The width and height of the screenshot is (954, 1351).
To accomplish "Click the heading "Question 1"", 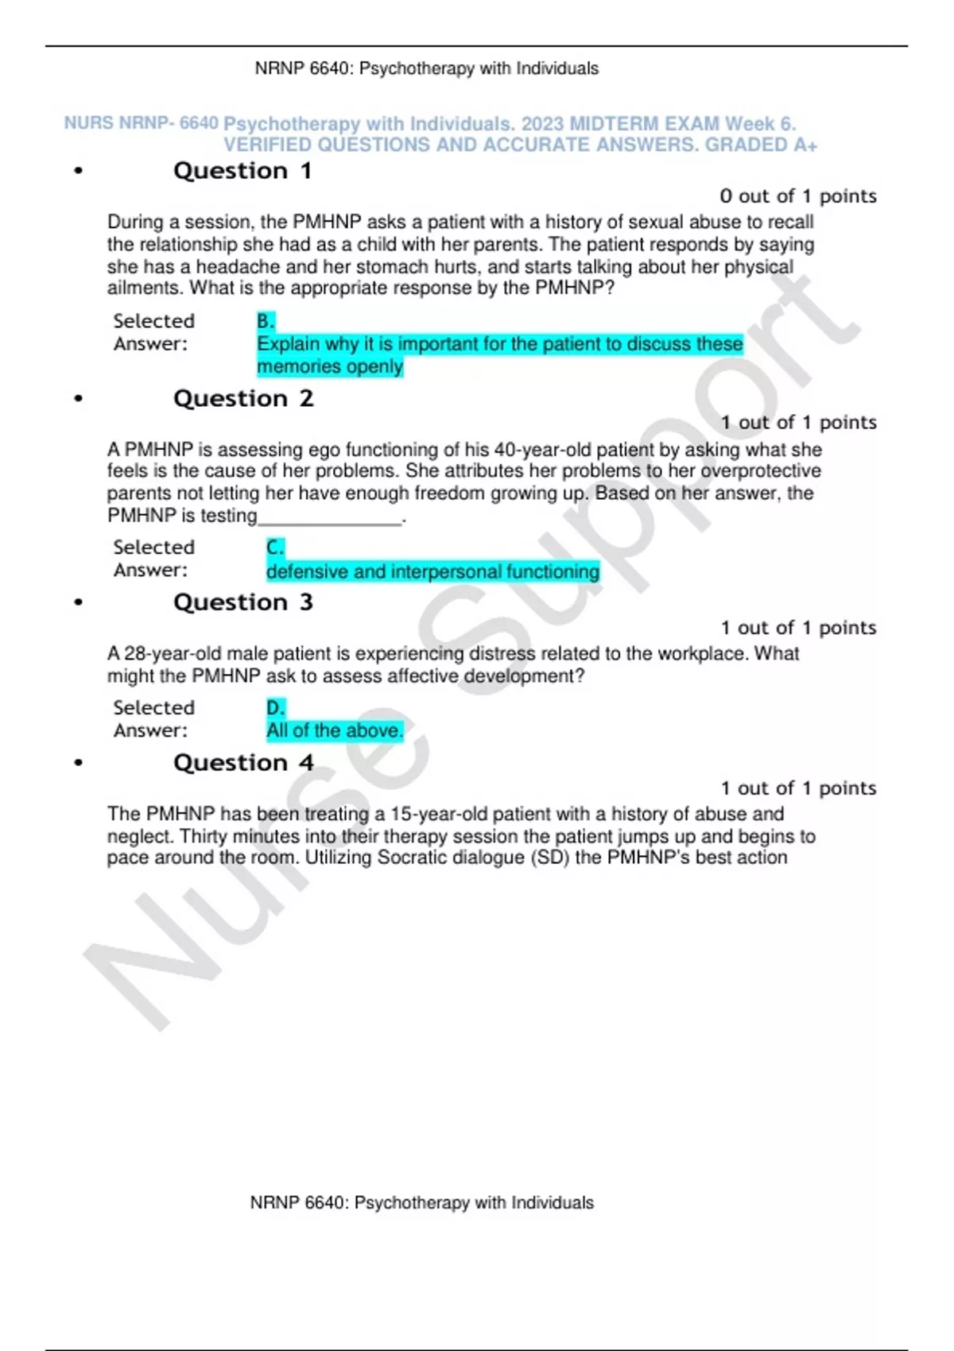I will [242, 171].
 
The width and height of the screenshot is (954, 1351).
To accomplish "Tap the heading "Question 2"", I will [243, 398].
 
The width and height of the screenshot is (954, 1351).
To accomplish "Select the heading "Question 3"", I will [243, 602].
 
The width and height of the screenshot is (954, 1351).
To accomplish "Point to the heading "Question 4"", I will [243, 763].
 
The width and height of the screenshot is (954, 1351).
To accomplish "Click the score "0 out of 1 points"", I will [798, 196].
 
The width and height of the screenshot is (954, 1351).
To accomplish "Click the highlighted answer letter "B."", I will [266, 321].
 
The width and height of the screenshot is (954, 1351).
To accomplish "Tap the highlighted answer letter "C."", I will [275, 548].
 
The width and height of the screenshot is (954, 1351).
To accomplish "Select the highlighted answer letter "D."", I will [275, 708].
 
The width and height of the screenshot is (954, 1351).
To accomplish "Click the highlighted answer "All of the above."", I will [335, 731].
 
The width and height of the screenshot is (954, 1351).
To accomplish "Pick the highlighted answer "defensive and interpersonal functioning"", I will [432, 571].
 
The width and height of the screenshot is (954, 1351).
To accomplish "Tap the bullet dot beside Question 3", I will [78, 602].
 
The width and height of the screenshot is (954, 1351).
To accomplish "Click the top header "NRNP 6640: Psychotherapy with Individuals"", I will [427, 68].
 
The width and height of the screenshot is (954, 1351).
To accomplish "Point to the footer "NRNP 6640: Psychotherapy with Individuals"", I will [422, 1202].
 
